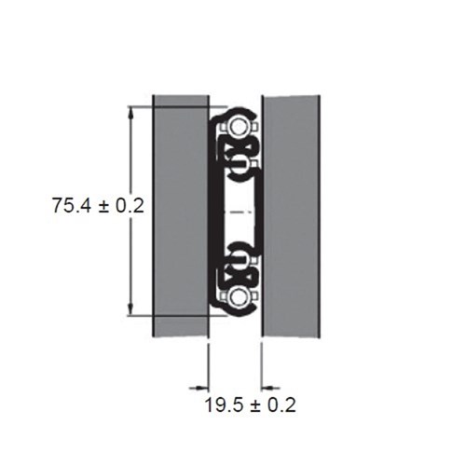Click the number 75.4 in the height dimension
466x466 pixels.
pos(72,206)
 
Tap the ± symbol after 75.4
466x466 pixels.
pos(108,206)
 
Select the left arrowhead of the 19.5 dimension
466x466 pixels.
pos(200,385)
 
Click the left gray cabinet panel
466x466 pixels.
pos(179,214)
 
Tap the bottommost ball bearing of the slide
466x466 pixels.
pos(240,297)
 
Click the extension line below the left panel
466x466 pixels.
pos(208,363)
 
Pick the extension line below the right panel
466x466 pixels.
pos(262,363)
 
